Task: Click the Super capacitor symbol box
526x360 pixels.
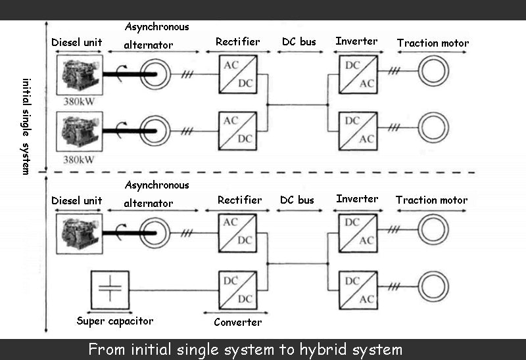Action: click(110, 290)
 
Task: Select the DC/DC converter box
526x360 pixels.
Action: click(237, 290)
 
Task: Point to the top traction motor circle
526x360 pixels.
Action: click(433, 71)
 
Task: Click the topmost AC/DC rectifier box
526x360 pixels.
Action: click(237, 74)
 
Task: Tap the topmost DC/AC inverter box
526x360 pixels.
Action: click(358, 74)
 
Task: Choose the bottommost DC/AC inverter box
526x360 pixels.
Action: click(358, 290)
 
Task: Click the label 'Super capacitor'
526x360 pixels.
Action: click(114, 321)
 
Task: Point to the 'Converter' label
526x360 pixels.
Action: click(237, 323)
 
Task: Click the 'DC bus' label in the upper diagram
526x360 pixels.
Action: click(299, 41)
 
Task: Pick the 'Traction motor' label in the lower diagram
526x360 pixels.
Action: click(431, 200)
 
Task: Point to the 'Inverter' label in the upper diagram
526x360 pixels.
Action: click(356, 41)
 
